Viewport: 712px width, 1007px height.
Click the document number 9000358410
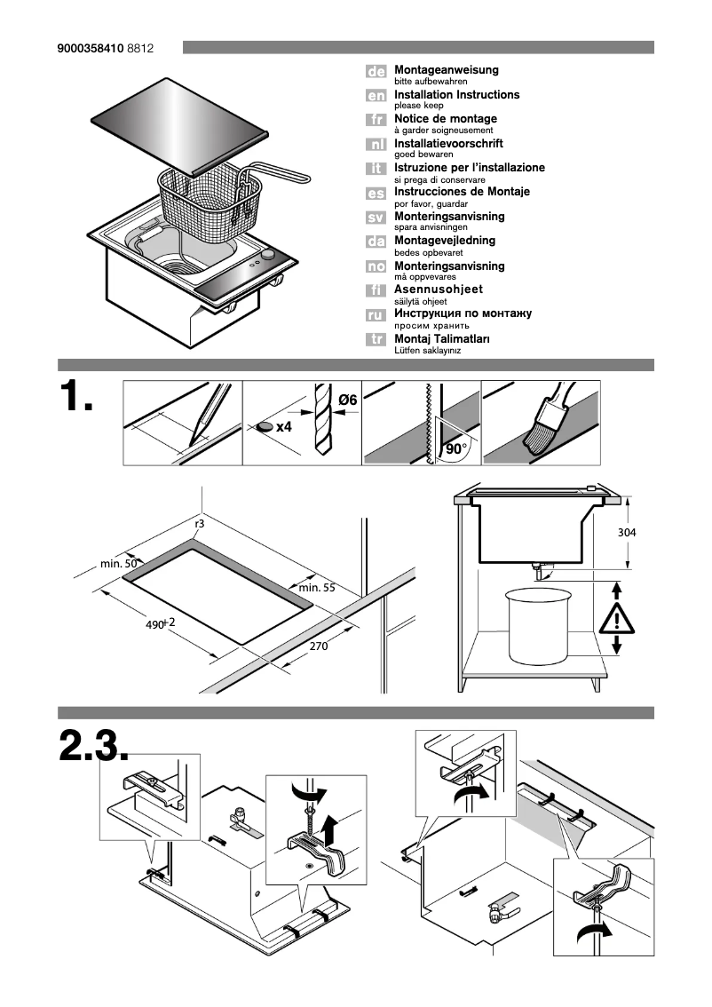(x=91, y=48)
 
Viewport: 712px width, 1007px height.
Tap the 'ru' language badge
(x=376, y=315)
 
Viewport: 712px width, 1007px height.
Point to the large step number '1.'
(x=76, y=397)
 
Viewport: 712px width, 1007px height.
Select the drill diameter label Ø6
(x=346, y=400)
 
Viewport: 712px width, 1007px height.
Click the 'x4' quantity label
(x=284, y=427)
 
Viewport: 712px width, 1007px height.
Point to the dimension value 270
(x=319, y=646)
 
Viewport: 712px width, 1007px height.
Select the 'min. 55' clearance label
(x=317, y=587)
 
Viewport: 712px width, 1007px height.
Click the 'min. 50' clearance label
(x=118, y=564)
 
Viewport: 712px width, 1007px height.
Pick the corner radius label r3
(x=200, y=525)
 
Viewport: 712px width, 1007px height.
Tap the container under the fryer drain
(x=537, y=625)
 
